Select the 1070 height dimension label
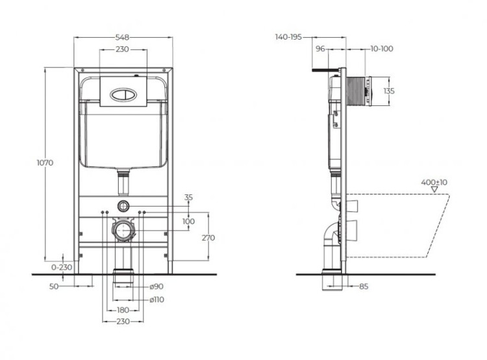point(45,163)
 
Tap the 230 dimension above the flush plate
point(123,49)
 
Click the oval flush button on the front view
point(123,92)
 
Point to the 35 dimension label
point(189,197)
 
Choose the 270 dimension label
point(208,238)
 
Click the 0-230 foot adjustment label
point(62,267)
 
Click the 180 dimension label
point(123,309)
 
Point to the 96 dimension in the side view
point(320,49)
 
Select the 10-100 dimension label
point(381,49)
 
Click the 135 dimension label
point(388,91)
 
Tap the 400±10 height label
point(434,183)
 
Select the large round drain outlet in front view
point(123,230)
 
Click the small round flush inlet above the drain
point(123,206)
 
